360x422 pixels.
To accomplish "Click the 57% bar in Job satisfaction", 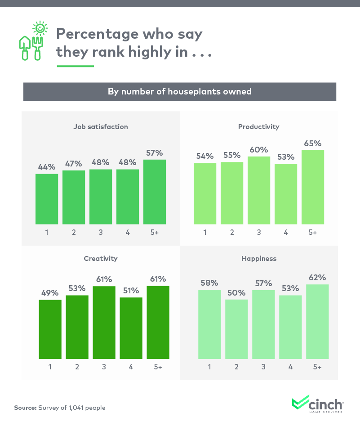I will [155, 192].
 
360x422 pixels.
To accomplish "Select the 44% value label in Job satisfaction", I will [47, 166].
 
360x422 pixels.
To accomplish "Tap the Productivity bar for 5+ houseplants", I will [312, 187].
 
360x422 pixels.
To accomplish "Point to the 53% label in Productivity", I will [286, 157].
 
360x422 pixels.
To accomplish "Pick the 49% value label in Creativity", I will [50, 292].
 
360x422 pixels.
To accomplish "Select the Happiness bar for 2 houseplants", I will [236, 329].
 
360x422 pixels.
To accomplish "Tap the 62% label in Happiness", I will [317, 277].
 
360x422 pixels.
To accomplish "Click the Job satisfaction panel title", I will [101, 126].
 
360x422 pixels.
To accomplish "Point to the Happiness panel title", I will [258, 259].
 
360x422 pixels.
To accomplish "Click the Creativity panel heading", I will [101, 259].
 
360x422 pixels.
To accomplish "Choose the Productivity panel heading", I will [258, 126].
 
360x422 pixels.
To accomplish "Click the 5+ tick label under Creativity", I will [158, 367].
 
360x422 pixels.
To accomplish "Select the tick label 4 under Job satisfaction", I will [128, 233].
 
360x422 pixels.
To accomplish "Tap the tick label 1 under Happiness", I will [209, 367].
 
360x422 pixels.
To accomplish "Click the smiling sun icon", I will [40, 28].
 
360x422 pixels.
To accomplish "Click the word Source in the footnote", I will [25, 408].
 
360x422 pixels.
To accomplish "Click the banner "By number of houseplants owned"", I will [179, 92].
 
